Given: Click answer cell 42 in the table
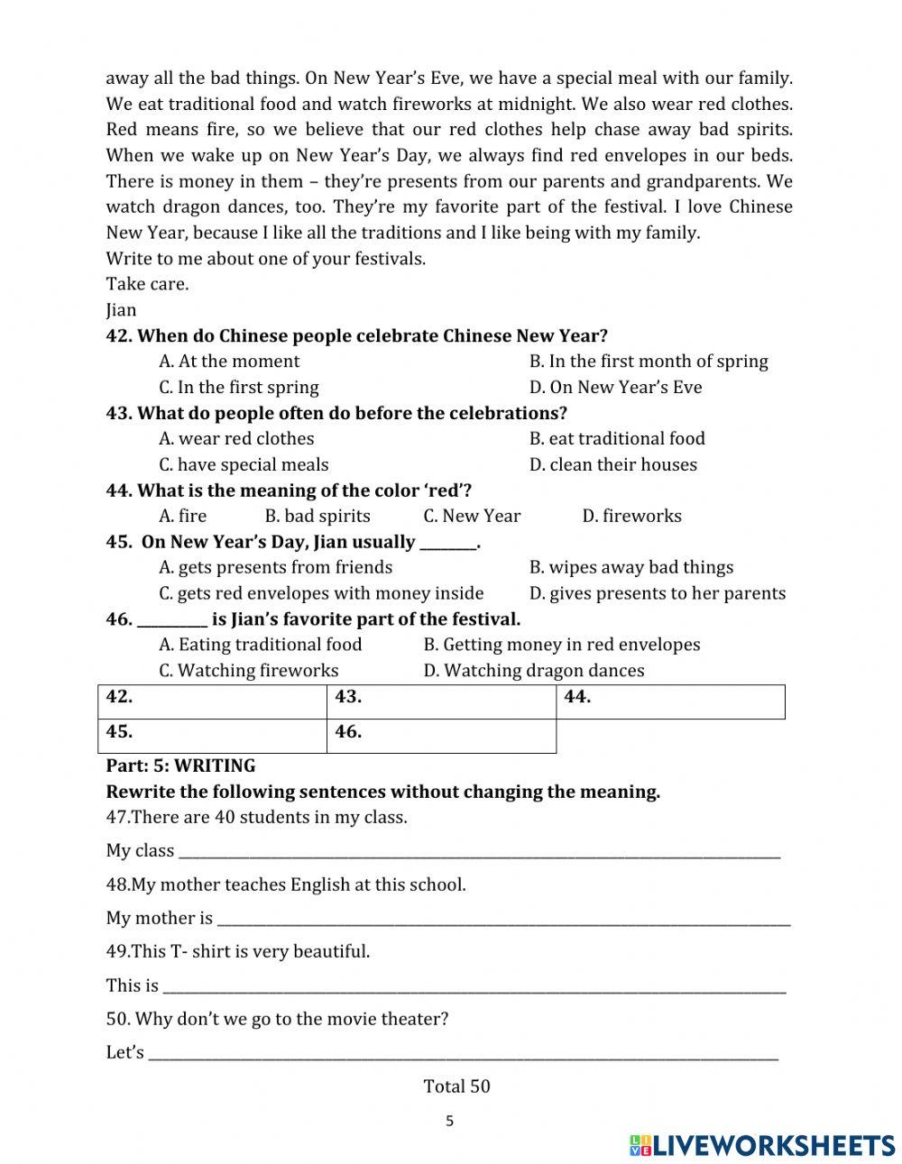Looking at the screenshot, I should tap(212, 701).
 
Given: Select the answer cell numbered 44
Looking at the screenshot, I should tap(670, 701).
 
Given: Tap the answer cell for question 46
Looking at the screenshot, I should tap(441, 736).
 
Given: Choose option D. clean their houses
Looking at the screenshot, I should tap(613, 464).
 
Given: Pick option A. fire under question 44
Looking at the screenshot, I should tap(183, 516).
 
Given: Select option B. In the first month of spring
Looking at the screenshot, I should tap(649, 362).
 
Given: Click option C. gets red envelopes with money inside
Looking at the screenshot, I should tap(321, 593).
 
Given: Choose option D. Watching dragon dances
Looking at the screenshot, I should tap(534, 671).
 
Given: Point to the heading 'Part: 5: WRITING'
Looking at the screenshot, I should tap(180, 765).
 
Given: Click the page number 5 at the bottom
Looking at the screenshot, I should tap(450, 1122).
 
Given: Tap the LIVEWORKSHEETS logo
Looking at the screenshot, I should tap(762, 1145).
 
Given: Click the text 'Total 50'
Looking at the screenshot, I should tap(456, 1086).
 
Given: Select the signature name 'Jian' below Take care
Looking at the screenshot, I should tap(121, 310).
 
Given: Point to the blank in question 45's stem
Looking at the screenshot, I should tap(447, 544).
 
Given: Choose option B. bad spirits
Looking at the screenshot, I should tap(318, 516).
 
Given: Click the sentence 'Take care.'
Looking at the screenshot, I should tap(147, 284).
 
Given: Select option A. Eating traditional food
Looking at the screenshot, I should tap(261, 645).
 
